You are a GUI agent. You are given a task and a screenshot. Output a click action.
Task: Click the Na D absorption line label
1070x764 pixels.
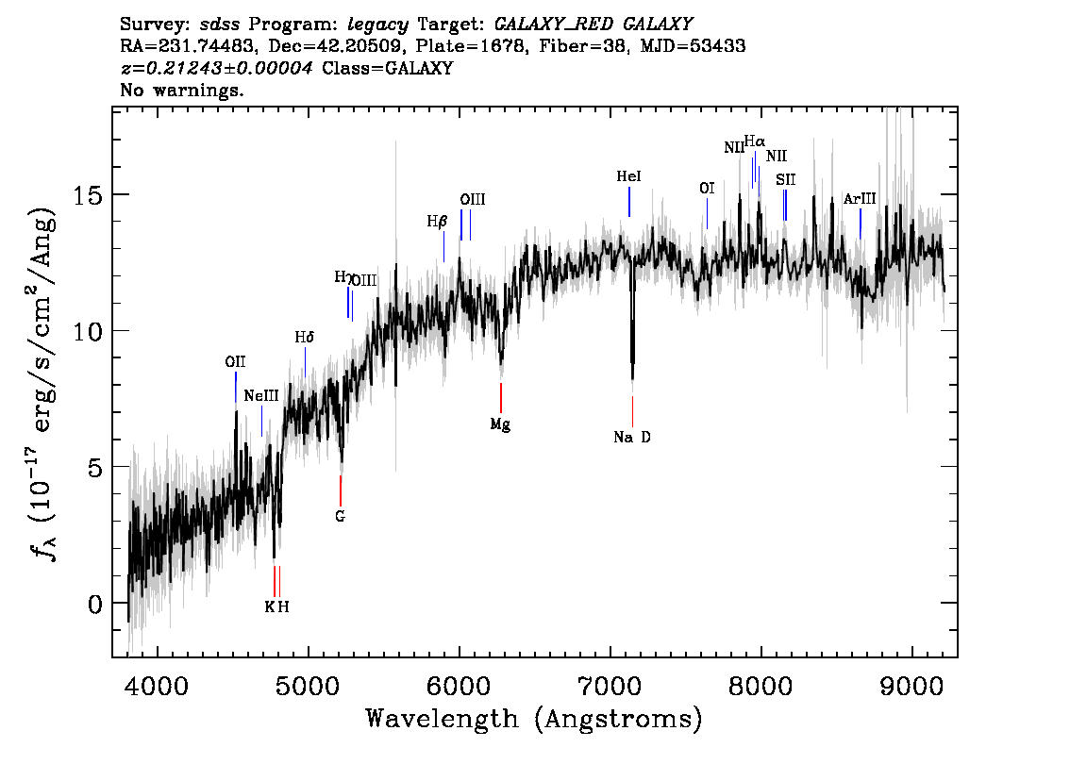(632, 438)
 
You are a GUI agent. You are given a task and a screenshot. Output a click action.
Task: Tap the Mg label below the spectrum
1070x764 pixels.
(500, 425)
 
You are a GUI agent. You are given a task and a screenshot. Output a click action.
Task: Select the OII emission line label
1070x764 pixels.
(235, 361)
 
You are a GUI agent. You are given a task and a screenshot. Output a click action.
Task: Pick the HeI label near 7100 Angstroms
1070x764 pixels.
(628, 176)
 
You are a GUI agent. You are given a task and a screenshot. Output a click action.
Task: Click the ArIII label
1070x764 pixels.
(860, 199)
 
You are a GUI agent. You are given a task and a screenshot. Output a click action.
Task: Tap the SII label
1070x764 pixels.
(786, 179)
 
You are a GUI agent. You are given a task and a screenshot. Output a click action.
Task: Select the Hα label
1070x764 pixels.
(755, 141)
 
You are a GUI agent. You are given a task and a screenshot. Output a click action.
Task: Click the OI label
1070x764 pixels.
(707, 189)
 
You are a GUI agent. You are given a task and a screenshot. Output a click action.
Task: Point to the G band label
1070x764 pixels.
(340, 516)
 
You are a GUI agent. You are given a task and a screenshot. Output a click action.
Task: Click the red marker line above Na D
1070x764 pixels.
(632, 411)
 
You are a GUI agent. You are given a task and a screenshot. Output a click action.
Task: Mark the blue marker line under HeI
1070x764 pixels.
(629, 202)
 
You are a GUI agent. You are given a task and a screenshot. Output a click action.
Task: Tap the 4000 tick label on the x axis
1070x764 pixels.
(157, 682)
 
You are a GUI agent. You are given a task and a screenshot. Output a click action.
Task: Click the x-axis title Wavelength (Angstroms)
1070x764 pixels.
(534, 720)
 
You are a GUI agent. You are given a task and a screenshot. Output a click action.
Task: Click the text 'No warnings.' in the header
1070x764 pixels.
(182, 91)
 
